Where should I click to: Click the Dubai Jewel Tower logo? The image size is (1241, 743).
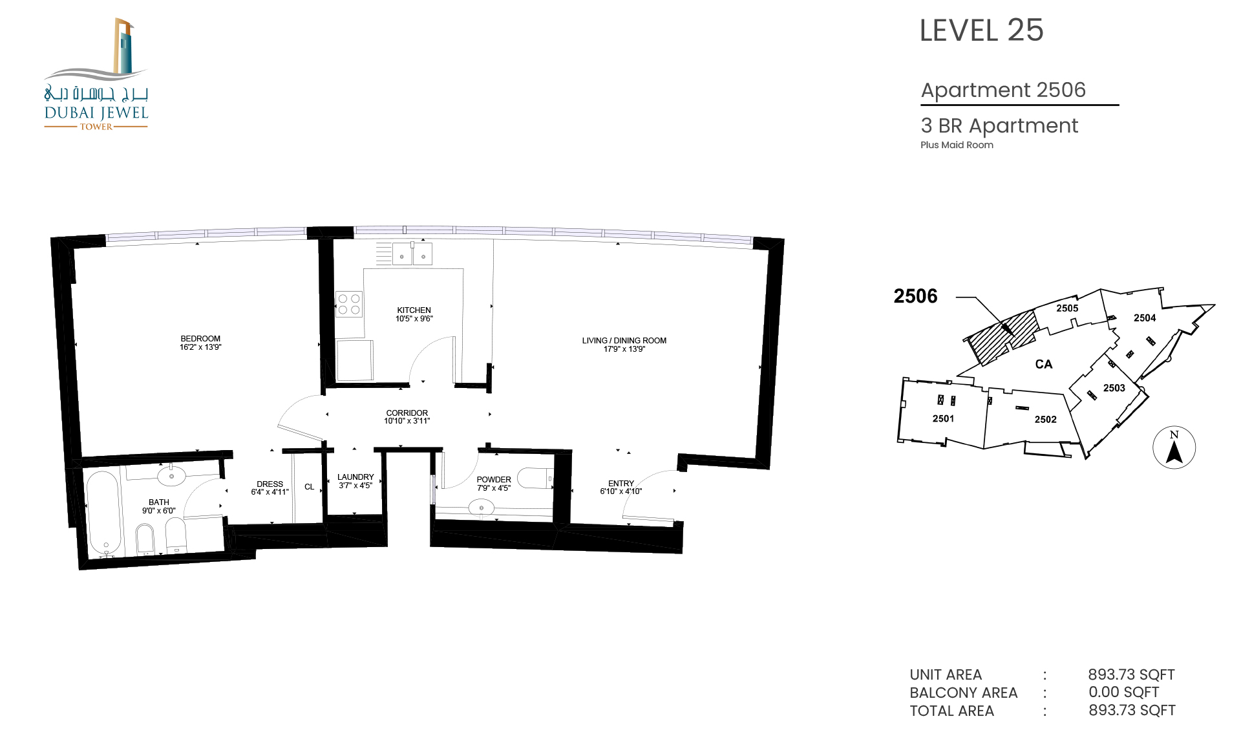click(96, 74)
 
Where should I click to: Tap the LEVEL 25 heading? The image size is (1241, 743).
click(981, 30)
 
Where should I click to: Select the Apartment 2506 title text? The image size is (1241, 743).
click(1003, 90)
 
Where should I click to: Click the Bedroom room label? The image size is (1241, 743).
click(200, 339)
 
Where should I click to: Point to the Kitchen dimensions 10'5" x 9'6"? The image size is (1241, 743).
click(414, 319)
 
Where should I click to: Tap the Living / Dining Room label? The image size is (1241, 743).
click(624, 341)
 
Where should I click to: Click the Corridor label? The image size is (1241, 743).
click(407, 413)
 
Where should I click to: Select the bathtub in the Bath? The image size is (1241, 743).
click(103, 513)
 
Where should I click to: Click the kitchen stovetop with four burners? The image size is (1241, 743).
click(349, 304)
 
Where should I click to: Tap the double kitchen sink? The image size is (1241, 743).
click(412, 253)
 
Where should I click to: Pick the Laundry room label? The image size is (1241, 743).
click(355, 477)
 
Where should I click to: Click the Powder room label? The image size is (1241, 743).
click(494, 480)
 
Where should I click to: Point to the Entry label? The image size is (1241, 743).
click(621, 484)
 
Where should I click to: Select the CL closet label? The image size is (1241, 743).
click(310, 487)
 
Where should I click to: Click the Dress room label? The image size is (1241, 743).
click(270, 484)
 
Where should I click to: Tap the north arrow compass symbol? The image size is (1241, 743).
click(1174, 447)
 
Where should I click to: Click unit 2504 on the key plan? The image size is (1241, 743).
click(1145, 318)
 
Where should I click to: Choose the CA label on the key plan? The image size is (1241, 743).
click(1044, 365)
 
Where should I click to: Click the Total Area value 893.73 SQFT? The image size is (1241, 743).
click(1132, 710)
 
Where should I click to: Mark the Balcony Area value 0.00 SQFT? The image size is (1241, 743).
click(1123, 692)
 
